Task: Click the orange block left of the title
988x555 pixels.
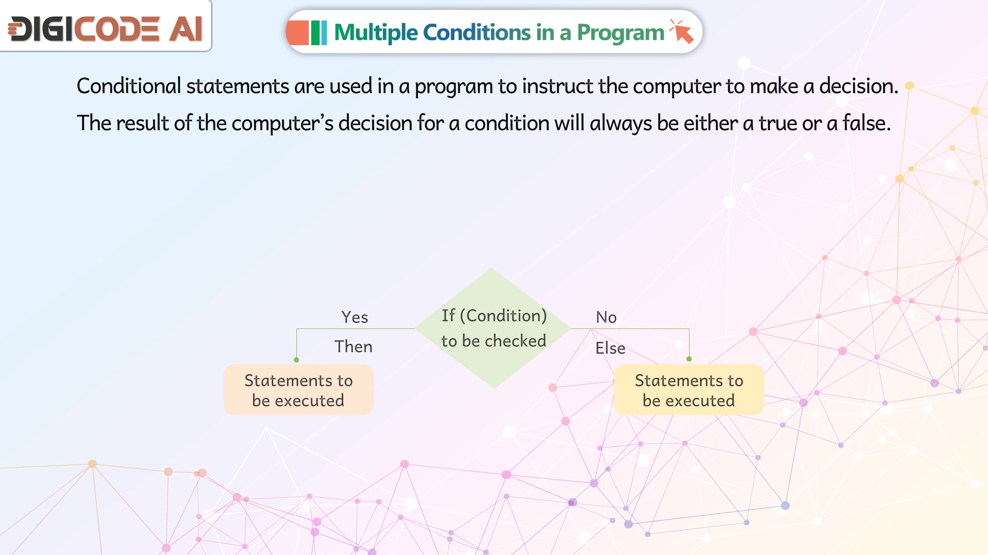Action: coord(297,32)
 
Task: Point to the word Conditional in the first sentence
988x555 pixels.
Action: coord(129,86)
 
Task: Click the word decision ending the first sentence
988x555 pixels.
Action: coord(858,86)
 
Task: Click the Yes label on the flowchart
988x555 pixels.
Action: coord(355,317)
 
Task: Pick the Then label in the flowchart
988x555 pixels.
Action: coord(354,346)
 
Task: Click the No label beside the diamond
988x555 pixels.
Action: coord(606,317)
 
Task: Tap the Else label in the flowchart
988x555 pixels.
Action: coord(610,348)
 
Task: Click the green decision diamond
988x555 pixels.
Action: coord(493,328)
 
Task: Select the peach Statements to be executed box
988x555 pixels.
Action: coord(298,390)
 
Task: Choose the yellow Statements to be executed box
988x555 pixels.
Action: coord(689,390)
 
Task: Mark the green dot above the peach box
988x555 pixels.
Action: coord(296,360)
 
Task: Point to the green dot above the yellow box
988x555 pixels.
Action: coord(689,359)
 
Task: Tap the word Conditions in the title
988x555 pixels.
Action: coord(477,32)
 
